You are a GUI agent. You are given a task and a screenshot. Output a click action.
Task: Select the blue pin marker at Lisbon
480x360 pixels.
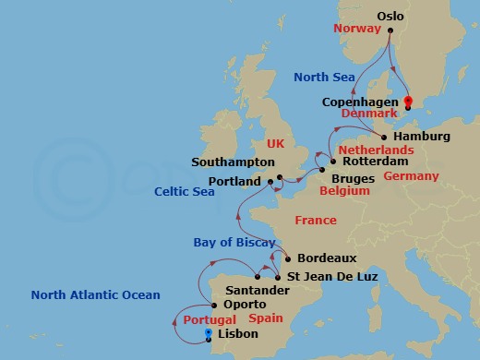click(x=210, y=334)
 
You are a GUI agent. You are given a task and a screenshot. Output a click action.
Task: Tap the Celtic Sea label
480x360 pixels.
click(x=185, y=191)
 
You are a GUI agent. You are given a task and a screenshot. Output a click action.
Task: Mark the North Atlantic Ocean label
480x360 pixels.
click(x=95, y=295)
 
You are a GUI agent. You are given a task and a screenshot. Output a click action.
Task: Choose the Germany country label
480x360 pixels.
click(x=411, y=175)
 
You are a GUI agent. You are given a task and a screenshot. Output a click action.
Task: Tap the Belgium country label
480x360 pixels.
click(x=343, y=190)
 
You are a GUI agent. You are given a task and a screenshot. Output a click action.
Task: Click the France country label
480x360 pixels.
click(x=315, y=220)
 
